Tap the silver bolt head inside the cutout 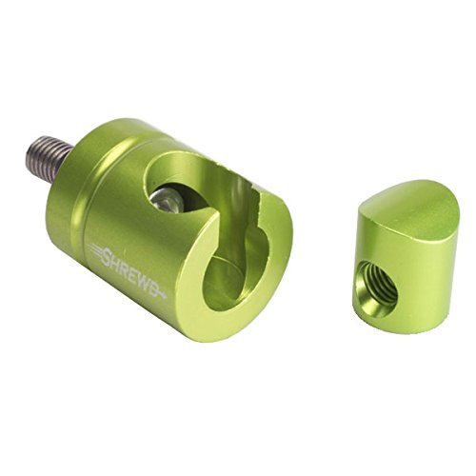pos(165,201)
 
